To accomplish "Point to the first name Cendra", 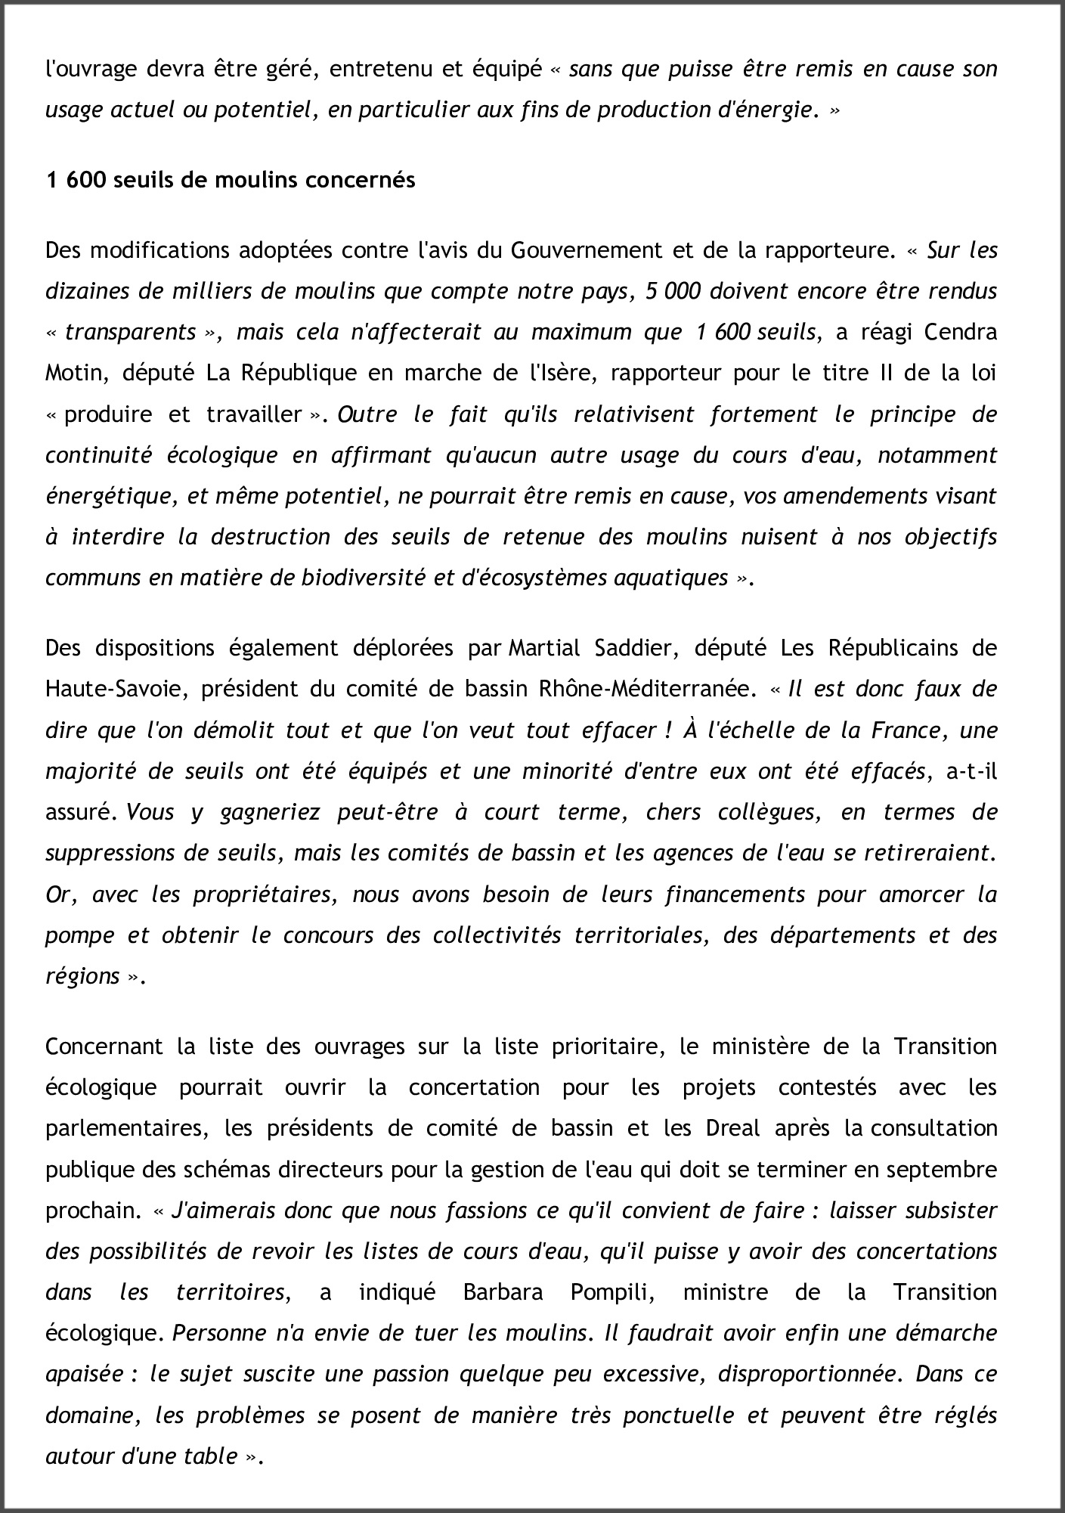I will coord(961,332).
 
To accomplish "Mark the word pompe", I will coord(79,935).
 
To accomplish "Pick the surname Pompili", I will coord(613,1292).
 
